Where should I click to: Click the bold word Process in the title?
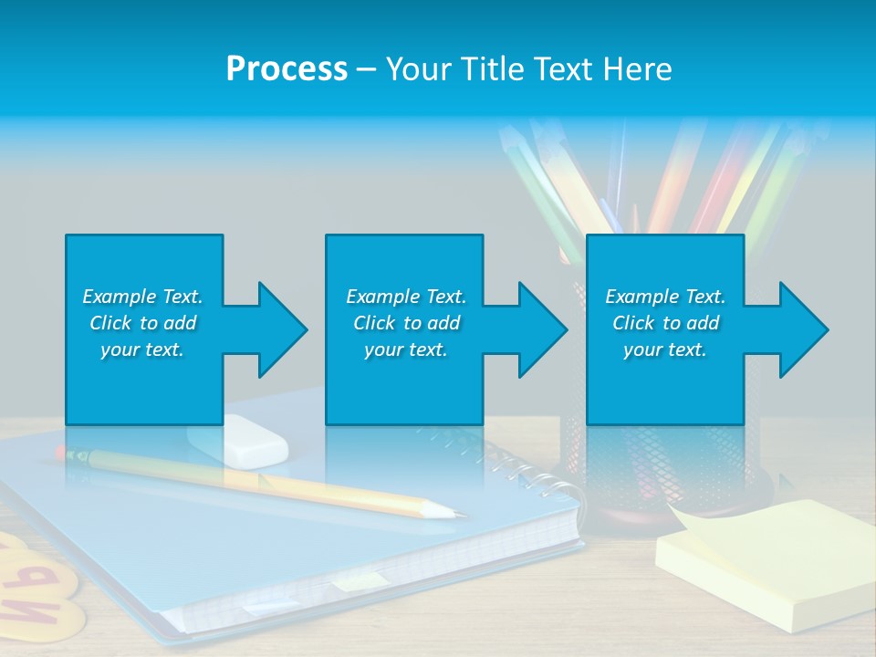(287, 69)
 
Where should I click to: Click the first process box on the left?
(143, 274)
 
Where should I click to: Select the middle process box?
(404, 274)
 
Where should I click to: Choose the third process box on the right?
(664, 274)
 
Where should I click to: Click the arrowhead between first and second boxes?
(281, 329)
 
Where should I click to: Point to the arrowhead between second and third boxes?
(541, 329)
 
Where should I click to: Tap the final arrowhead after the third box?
(802, 329)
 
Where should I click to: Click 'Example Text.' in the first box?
(142, 297)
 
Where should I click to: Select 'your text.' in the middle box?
(405, 349)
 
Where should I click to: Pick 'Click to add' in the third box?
(665, 323)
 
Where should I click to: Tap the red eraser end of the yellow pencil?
(61, 452)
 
